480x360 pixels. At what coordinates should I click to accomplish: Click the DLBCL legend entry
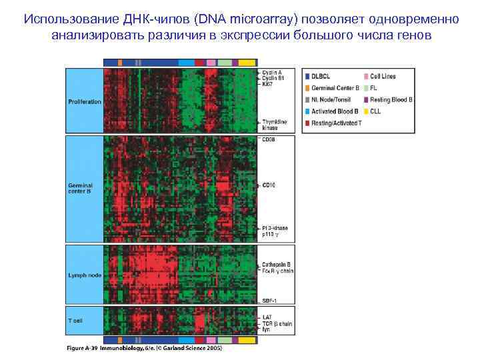coord(321,77)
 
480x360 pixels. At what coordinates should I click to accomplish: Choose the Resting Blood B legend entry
coord(391,99)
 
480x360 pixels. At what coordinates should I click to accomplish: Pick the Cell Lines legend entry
coord(383,77)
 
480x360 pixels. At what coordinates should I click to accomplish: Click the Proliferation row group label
coord(85,101)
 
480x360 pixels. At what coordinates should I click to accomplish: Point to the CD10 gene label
coord(269,185)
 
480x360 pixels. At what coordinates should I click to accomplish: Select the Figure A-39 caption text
coord(144,348)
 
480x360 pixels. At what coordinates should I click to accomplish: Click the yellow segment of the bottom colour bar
coord(247,340)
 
